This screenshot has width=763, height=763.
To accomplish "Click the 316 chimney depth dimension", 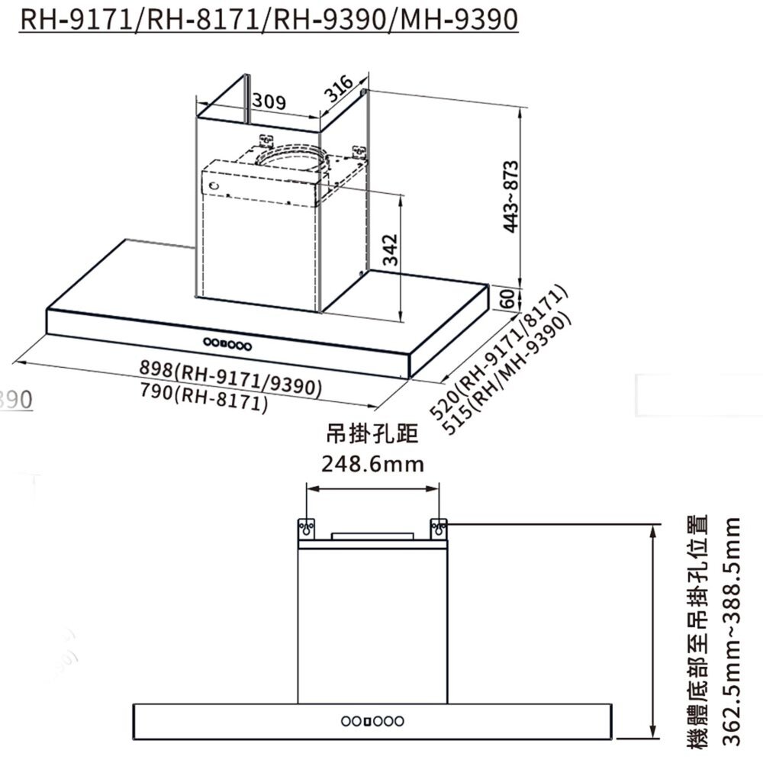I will (338, 89).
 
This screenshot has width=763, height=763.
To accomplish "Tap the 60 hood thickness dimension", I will (505, 299).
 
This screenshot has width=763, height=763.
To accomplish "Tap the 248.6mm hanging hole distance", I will (372, 464).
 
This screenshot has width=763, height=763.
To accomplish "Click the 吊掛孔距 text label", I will (372, 434).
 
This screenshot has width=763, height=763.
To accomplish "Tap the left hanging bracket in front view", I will (306, 528).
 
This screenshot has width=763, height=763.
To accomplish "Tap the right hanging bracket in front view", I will (439, 528).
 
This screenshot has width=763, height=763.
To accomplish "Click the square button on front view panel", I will (367, 721).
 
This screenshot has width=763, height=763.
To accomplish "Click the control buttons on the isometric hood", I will (227, 344).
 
